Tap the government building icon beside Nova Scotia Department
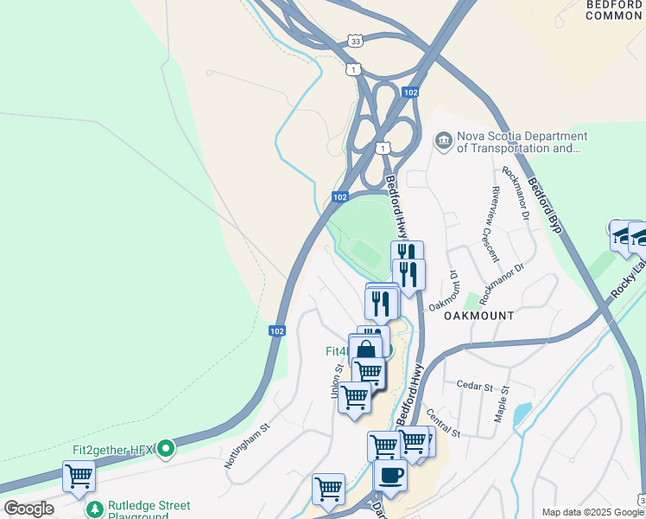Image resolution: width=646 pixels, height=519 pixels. point(444,140)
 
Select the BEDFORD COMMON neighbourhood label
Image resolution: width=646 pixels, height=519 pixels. point(614,10)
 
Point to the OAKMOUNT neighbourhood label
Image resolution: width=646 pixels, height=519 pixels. point(479,316)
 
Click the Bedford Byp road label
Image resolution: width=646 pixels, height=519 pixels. point(545,206)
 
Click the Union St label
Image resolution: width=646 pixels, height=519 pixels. point(336,380)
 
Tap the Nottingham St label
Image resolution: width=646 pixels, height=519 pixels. point(248,445)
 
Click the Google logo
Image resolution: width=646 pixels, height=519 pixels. point(28,509)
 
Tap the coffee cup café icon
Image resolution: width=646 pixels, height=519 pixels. point(390,474)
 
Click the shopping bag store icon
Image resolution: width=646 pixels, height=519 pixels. point(365,350)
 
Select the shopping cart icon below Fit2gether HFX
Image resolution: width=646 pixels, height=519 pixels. point(79,476)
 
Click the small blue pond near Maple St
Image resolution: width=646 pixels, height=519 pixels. point(522,414)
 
